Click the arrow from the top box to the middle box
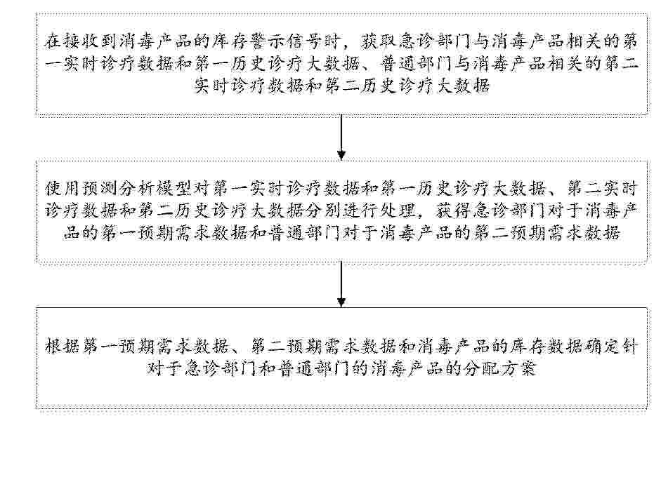tap(341, 138)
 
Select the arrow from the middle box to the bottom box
tap(341, 283)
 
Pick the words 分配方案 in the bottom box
tap(499, 369)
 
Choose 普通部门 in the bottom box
tap(313, 369)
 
